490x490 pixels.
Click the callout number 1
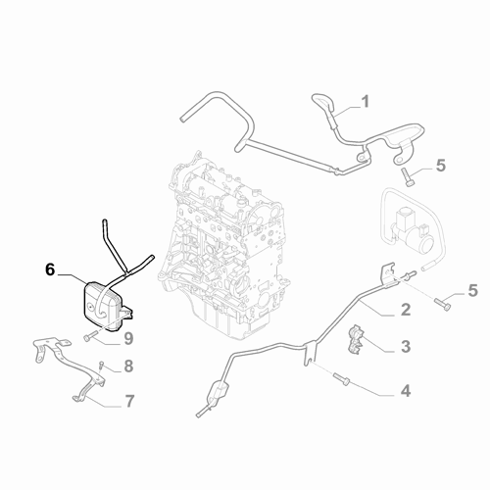366,101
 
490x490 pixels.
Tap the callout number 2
406,310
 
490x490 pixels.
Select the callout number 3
406,346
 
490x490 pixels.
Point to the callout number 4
406,391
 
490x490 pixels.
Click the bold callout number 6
50,270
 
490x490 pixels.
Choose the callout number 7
129,401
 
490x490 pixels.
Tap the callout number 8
128,367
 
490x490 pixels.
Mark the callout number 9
128,338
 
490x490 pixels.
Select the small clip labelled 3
356,339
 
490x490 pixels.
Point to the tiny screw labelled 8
101,365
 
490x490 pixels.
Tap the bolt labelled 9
90,336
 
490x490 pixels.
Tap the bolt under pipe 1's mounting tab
407,176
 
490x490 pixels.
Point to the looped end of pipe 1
324,102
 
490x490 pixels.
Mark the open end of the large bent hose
183,119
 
